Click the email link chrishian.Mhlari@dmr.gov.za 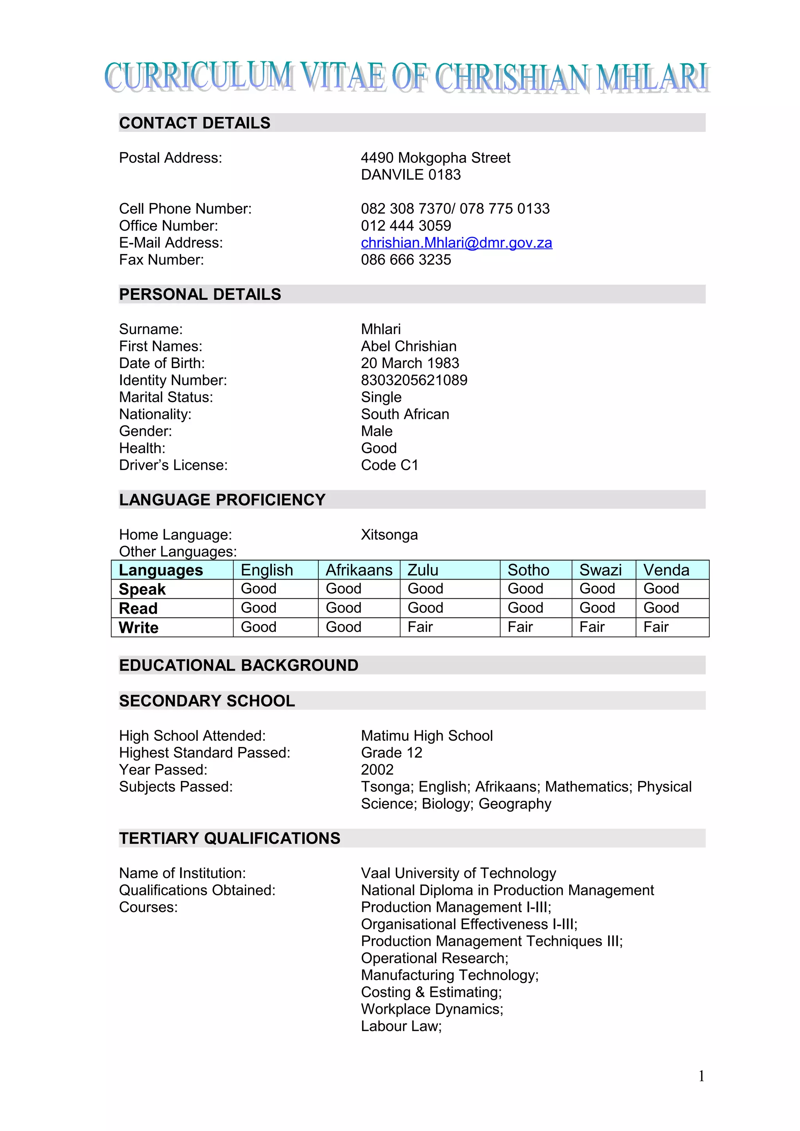coord(456,243)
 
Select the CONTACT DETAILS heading coord(195,123)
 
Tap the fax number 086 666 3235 coord(406,260)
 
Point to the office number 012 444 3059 coord(406,226)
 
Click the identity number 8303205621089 coord(414,380)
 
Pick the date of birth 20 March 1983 coord(410,363)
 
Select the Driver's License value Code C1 coord(389,465)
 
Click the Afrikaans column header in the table coord(359,570)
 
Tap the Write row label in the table coord(139,628)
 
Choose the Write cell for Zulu coord(420,627)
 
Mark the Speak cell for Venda coord(661,589)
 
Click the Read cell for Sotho coord(525,608)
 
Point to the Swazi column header coord(600,570)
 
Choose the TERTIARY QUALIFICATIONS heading coord(229,838)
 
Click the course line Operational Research coord(434,958)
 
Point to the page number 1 coord(701,1076)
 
